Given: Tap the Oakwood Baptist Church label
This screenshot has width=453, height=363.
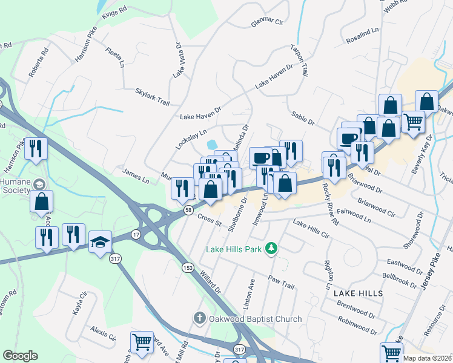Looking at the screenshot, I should click(x=255, y=319).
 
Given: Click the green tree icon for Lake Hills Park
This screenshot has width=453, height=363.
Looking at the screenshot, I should click(x=273, y=248).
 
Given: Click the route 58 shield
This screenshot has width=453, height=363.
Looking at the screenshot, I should click(x=188, y=209).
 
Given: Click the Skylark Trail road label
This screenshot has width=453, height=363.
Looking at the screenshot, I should click(x=152, y=96).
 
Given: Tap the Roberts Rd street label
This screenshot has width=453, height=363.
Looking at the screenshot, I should click(x=37, y=62).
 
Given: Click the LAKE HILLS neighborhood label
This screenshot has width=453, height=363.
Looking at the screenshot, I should click(x=358, y=293).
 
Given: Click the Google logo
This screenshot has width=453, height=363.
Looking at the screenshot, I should click(x=20, y=355).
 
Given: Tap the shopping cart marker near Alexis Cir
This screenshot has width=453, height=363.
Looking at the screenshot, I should click(x=142, y=341).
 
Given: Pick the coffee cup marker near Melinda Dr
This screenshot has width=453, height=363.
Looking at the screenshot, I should click(x=261, y=157).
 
